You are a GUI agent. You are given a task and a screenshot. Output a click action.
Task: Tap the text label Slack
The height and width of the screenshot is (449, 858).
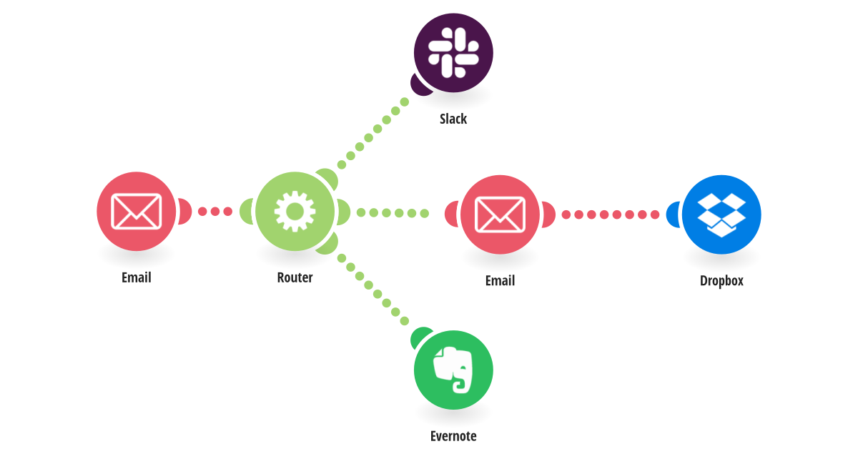click(453, 119)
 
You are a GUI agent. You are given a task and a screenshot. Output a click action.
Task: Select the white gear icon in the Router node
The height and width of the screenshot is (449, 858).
click(295, 212)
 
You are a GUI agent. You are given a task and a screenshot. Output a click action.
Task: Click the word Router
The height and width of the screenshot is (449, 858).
click(295, 277)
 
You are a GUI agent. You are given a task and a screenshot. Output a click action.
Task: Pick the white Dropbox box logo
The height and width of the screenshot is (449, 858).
click(721, 214)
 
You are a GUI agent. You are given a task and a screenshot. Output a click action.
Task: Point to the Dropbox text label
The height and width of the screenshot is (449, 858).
click(721, 281)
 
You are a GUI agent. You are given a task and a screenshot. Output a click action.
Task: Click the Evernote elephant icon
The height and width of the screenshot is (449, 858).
click(453, 370)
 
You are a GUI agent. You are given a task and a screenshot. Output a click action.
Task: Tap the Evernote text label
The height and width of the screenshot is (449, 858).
click(453, 436)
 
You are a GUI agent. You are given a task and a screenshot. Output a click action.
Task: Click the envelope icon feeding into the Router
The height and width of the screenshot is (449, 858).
click(136, 212)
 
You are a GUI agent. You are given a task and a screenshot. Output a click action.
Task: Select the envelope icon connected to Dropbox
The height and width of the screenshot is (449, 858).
click(500, 214)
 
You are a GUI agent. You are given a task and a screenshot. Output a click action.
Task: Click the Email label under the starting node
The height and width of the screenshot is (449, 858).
click(136, 277)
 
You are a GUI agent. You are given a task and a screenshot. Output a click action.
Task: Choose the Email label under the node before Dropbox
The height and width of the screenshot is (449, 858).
click(500, 281)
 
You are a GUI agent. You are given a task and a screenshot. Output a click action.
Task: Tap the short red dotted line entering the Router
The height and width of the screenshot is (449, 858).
click(214, 212)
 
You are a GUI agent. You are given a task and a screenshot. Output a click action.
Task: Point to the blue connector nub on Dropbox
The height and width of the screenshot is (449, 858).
click(673, 214)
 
